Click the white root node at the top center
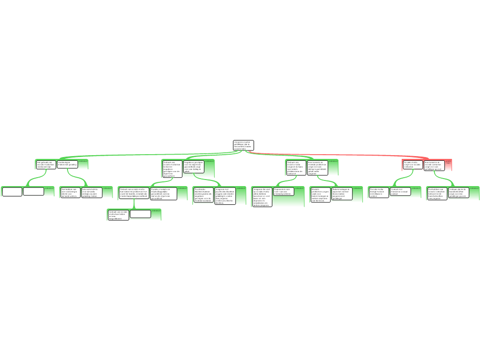243,145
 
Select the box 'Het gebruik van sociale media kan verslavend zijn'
46,165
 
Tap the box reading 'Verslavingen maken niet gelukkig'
67,164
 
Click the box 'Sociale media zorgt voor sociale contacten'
412,165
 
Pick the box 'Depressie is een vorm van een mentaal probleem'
284,191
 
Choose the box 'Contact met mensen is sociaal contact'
401,191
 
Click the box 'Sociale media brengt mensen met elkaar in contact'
379,192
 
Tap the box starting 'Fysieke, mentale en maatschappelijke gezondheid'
164,194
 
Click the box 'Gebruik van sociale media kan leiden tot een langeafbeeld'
118,215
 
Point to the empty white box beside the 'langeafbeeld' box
140,214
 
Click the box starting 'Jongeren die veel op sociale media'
262,197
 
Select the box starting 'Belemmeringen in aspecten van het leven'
342,194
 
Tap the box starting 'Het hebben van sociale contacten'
437,194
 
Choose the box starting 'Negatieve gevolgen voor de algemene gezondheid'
194,166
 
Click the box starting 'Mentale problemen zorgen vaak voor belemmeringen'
320,195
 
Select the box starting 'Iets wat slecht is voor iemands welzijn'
92,192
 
